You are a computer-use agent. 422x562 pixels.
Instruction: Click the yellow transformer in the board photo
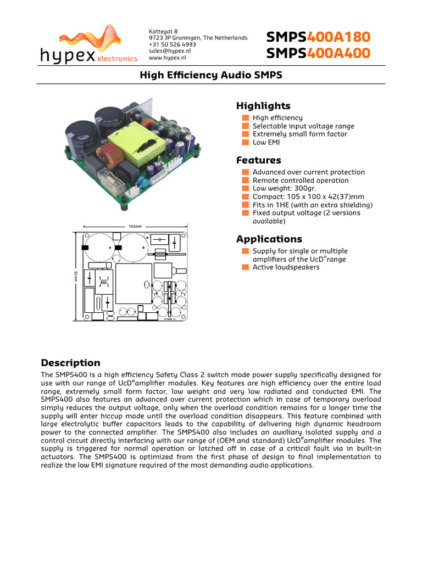136,145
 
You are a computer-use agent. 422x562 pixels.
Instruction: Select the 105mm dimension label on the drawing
135,226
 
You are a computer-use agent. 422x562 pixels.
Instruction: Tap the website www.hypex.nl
168,57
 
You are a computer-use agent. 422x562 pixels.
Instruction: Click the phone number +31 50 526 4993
172,44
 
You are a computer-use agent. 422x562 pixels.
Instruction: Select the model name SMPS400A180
318,37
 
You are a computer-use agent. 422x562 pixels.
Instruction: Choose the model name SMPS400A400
318,53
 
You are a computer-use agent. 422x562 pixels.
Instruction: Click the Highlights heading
263,106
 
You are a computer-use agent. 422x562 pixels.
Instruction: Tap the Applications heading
269,239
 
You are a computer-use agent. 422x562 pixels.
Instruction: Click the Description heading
70,363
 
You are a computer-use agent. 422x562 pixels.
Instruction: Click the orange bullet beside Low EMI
246,142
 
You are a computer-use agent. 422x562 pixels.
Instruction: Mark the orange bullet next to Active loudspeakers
246,267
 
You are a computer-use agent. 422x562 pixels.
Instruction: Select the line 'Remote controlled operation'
301,180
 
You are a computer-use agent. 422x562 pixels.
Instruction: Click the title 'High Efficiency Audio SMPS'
212,75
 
